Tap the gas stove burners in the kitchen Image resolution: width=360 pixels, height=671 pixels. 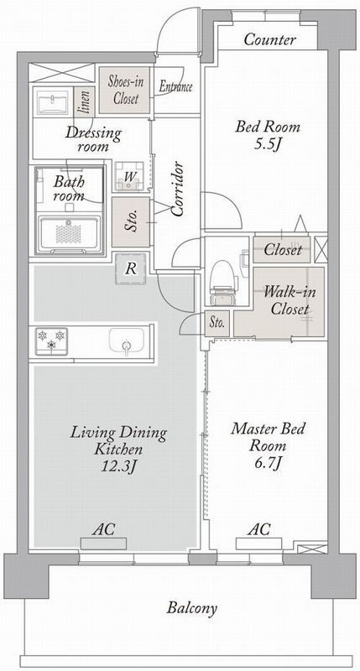tap(51, 341)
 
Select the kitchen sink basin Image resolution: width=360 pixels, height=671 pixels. tap(126, 341)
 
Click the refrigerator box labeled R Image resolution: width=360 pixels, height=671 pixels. tap(131, 269)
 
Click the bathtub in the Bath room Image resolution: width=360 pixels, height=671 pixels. tap(69, 234)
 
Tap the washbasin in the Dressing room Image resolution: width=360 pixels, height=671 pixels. tap(52, 101)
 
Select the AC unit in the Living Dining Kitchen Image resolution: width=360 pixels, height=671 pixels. tap(103, 544)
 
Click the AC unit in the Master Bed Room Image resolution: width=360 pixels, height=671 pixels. tap(259, 544)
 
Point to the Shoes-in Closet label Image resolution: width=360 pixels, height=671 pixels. tap(125, 90)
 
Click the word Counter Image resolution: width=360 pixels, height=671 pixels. tap(269, 39)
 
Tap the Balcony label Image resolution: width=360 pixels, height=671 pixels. tap(192, 607)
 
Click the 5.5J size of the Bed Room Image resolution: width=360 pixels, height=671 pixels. tap(267, 143)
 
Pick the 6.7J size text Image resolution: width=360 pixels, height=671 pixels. tap(267, 463)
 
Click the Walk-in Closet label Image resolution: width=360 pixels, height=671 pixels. tap(290, 300)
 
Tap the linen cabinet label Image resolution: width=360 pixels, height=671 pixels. tap(83, 102)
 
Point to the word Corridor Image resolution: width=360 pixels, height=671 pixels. tap(177, 189)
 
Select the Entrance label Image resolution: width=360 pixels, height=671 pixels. tap(175, 86)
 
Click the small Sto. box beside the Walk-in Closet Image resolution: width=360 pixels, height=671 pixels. tap(217, 324)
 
